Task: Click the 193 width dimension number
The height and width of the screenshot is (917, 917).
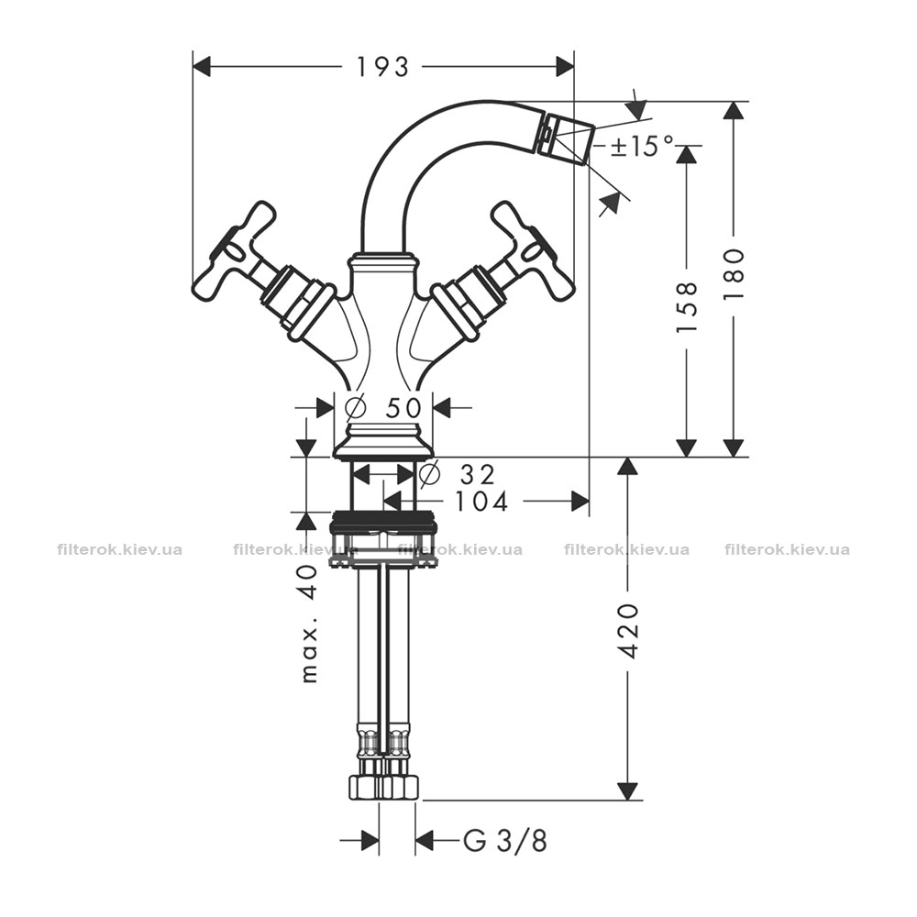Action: [382, 67]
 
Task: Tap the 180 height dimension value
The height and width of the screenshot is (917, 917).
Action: [734, 273]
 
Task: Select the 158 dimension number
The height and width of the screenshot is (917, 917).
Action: [687, 307]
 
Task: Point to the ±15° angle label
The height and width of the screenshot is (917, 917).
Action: [641, 146]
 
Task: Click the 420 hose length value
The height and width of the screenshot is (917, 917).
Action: [628, 631]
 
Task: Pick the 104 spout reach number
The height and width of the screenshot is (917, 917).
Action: [482, 502]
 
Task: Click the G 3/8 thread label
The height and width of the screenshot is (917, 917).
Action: [505, 842]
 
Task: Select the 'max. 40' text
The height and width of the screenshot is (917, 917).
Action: [310, 624]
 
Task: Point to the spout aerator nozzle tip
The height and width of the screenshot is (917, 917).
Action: [565, 139]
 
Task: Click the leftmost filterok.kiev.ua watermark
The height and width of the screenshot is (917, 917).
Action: [120, 549]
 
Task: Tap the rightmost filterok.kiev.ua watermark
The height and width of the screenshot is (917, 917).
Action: [787, 549]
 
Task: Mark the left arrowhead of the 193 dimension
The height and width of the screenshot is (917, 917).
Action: [201, 67]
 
